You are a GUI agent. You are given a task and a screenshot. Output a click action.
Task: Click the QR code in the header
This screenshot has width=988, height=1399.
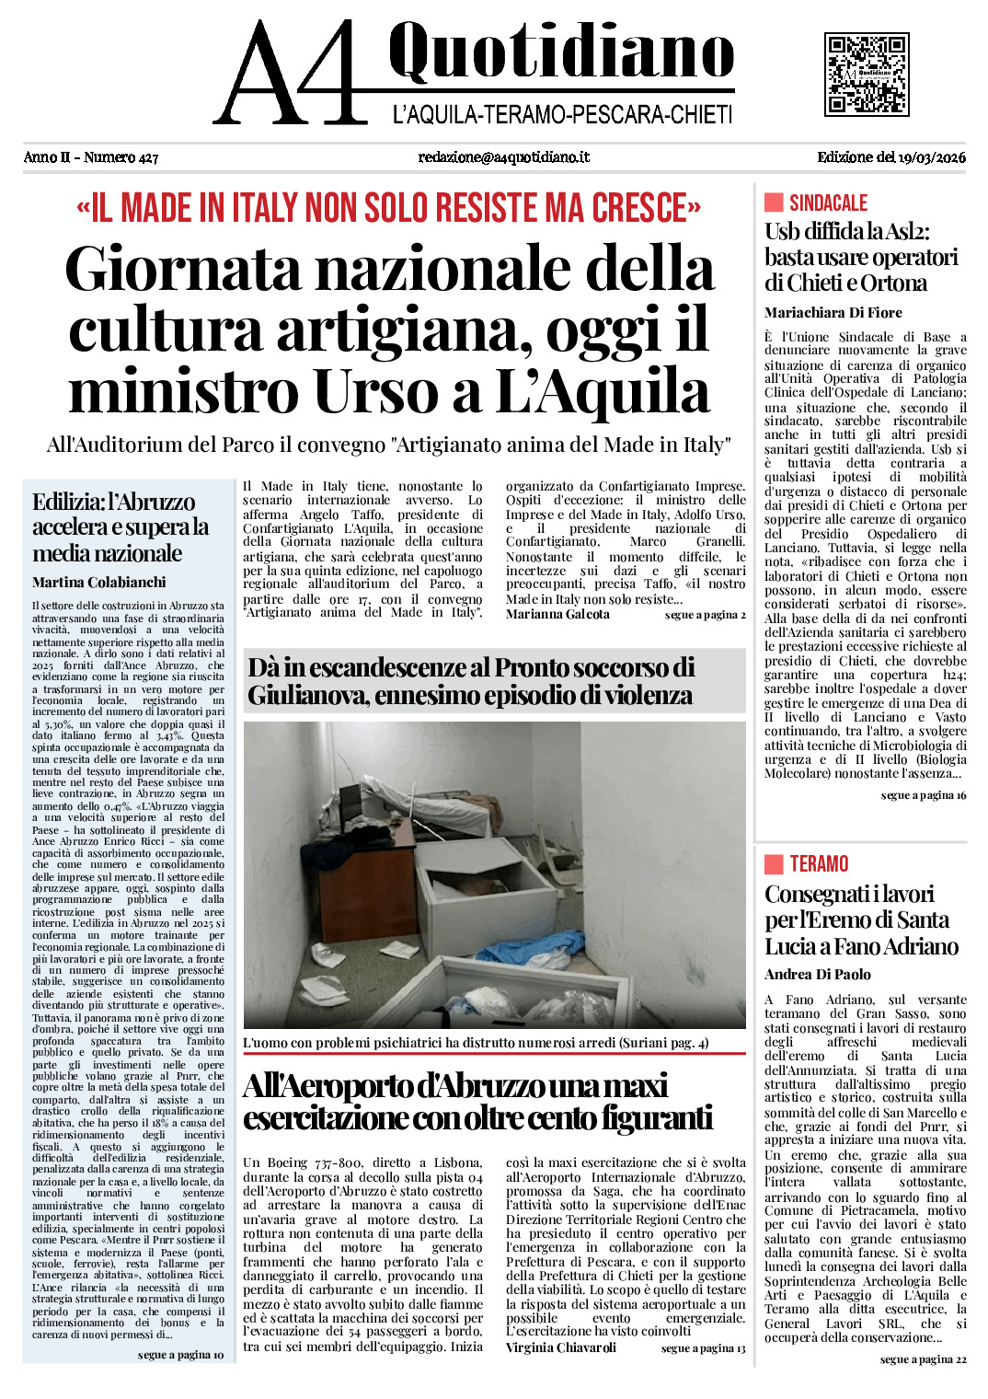click(867, 74)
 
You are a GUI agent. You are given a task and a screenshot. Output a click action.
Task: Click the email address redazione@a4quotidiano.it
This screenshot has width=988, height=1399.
click(503, 157)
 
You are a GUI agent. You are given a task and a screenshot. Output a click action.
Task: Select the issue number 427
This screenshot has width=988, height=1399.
click(147, 157)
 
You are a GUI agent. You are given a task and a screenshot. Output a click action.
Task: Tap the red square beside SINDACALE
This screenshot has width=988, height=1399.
click(774, 202)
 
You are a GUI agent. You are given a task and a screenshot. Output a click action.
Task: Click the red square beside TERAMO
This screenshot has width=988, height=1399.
click(774, 863)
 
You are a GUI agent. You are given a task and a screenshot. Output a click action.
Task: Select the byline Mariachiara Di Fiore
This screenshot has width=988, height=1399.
click(833, 313)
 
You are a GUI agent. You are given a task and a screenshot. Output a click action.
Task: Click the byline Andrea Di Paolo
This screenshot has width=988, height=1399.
click(817, 975)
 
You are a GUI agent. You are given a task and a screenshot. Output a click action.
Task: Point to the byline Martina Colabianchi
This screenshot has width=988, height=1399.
click(98, 583)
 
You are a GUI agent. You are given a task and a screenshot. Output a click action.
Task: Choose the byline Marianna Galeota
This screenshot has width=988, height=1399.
click(557, 615)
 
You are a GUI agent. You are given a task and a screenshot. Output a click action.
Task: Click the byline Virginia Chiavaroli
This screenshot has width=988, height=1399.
click(560, 1347)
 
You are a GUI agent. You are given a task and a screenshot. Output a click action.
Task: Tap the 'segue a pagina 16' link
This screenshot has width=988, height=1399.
click(923, 795)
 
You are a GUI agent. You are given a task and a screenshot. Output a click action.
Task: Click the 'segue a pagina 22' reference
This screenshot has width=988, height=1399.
click(923, 1359)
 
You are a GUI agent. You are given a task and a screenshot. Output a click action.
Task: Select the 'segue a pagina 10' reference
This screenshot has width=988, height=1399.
click(180, 1355)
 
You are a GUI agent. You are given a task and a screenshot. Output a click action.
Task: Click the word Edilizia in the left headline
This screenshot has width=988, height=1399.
click(67, 503)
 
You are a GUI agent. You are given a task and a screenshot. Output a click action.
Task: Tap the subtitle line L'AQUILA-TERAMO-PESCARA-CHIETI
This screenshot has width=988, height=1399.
click(562, 115)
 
